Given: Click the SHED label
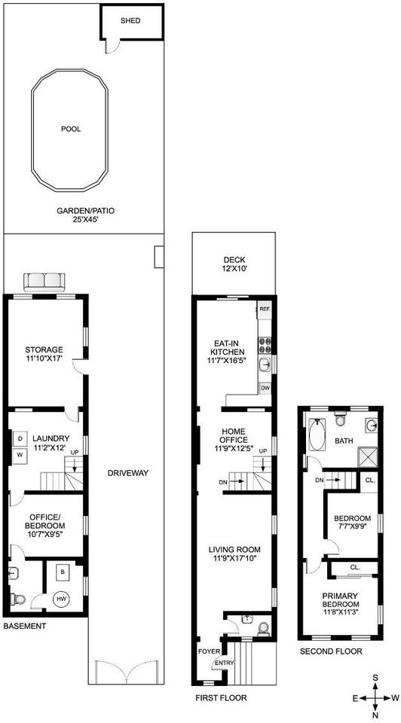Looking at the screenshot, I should (131, 20).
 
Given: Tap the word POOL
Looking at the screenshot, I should (71, 129).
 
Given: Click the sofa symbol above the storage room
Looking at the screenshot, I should (44, 282).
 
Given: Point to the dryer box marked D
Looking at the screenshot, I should (19, 438).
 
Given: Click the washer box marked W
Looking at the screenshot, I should (19, 455).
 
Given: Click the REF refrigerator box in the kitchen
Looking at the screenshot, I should (264, 310).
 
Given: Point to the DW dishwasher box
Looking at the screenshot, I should (265, 388).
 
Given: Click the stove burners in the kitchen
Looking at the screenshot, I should (265, 345).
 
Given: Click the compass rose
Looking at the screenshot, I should (375, 697).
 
